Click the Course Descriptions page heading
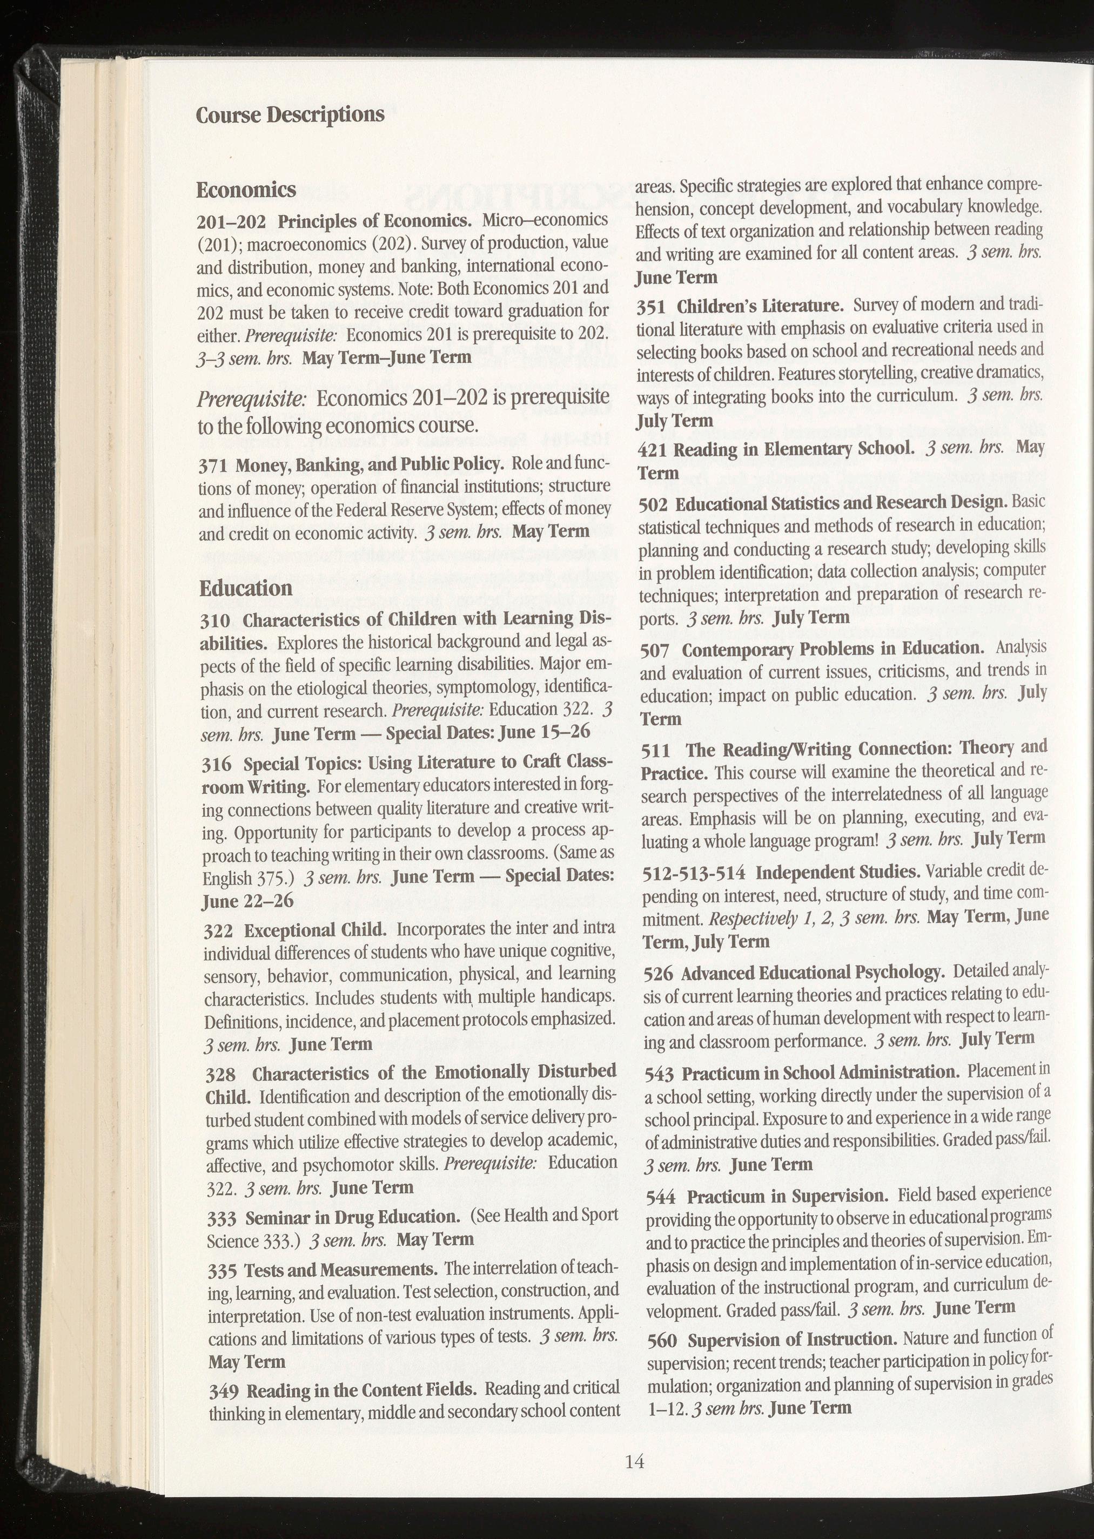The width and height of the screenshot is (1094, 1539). tap(290, 114)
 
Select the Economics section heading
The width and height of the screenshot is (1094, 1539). tap(246, 190)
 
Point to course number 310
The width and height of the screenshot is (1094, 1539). tap(216, 619)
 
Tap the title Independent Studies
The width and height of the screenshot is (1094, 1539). tap(838, 873)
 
